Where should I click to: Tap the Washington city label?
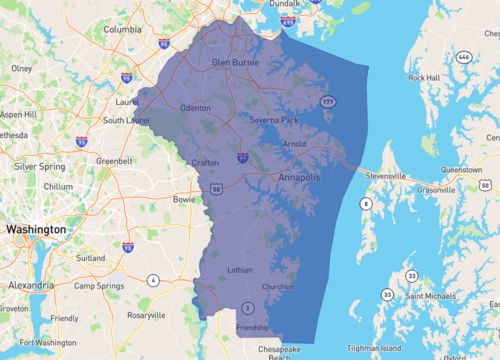tap(36, 229)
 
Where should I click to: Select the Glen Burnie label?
tap(236, 62)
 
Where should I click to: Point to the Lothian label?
tap(243, 269)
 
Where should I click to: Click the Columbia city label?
tap(122, 29)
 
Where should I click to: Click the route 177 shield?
tap(327, 102)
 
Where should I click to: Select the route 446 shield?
tap(463, 58)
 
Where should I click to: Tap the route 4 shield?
tap(154, 279)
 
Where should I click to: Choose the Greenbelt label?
tap(114, 159)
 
